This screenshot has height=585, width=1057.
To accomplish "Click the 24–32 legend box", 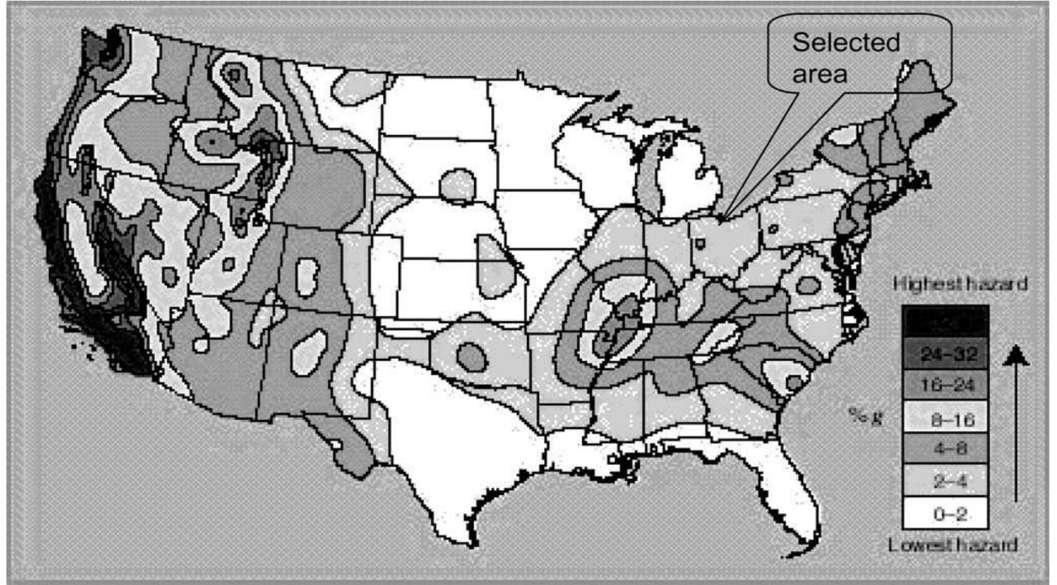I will pos(945,354).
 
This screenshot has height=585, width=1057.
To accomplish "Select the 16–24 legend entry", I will pos(945,385).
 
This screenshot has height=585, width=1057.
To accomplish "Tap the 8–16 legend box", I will pos(945,419).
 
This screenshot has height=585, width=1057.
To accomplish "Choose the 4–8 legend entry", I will pos(945,449).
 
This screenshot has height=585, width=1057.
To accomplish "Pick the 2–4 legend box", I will pos(945,481).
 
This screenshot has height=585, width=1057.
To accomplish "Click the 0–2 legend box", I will pos(945,513).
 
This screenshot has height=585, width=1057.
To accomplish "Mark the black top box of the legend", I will pos(945,320).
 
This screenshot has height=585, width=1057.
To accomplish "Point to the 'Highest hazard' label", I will pos(959,284).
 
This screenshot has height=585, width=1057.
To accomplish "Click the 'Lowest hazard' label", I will pos(952,544).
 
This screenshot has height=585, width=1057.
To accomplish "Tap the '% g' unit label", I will pos(867,415).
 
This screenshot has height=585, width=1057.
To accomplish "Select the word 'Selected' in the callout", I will pos(846,43).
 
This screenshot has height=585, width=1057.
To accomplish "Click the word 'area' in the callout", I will pos(820,73).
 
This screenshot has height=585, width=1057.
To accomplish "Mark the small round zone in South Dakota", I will pos(457,185).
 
